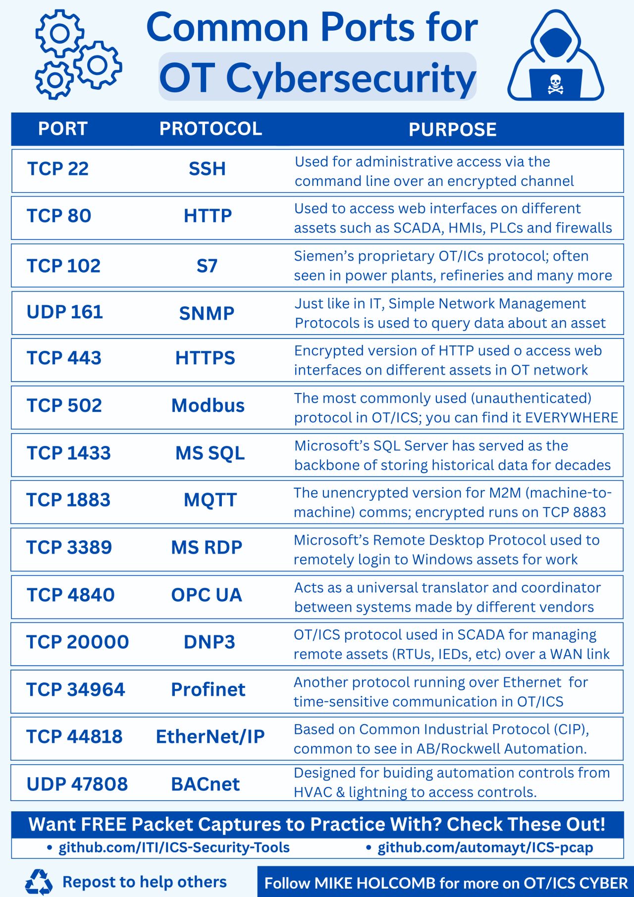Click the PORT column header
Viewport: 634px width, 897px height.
coord(62,129)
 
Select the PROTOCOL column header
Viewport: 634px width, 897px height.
coord(211,129)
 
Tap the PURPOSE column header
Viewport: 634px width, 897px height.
coord(452,129)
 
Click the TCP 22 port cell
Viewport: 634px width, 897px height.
coord(58,169)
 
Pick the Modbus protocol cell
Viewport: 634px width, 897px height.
coord(208,405)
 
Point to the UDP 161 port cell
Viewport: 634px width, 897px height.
coord(65,312)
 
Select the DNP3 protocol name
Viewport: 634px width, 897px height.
coord(209,642)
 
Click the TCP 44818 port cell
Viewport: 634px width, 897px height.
coord(74,736)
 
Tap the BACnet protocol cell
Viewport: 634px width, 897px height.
coord(206,784)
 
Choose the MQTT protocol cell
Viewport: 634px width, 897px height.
coord(210,500)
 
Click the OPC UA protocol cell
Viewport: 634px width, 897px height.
coord(207,595)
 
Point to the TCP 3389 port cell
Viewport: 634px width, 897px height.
coord(69,547)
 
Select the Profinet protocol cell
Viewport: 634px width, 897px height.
coord(208,689)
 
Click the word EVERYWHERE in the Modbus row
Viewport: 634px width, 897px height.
coord(572,418)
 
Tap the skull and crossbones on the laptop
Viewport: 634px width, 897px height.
coord(555,84)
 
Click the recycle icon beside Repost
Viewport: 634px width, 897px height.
coord(39,882)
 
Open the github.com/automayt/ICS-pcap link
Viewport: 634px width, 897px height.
coord(485,847)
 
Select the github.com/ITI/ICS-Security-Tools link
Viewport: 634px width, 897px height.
coord(174,847)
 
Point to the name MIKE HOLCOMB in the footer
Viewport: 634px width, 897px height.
coord(375,883)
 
